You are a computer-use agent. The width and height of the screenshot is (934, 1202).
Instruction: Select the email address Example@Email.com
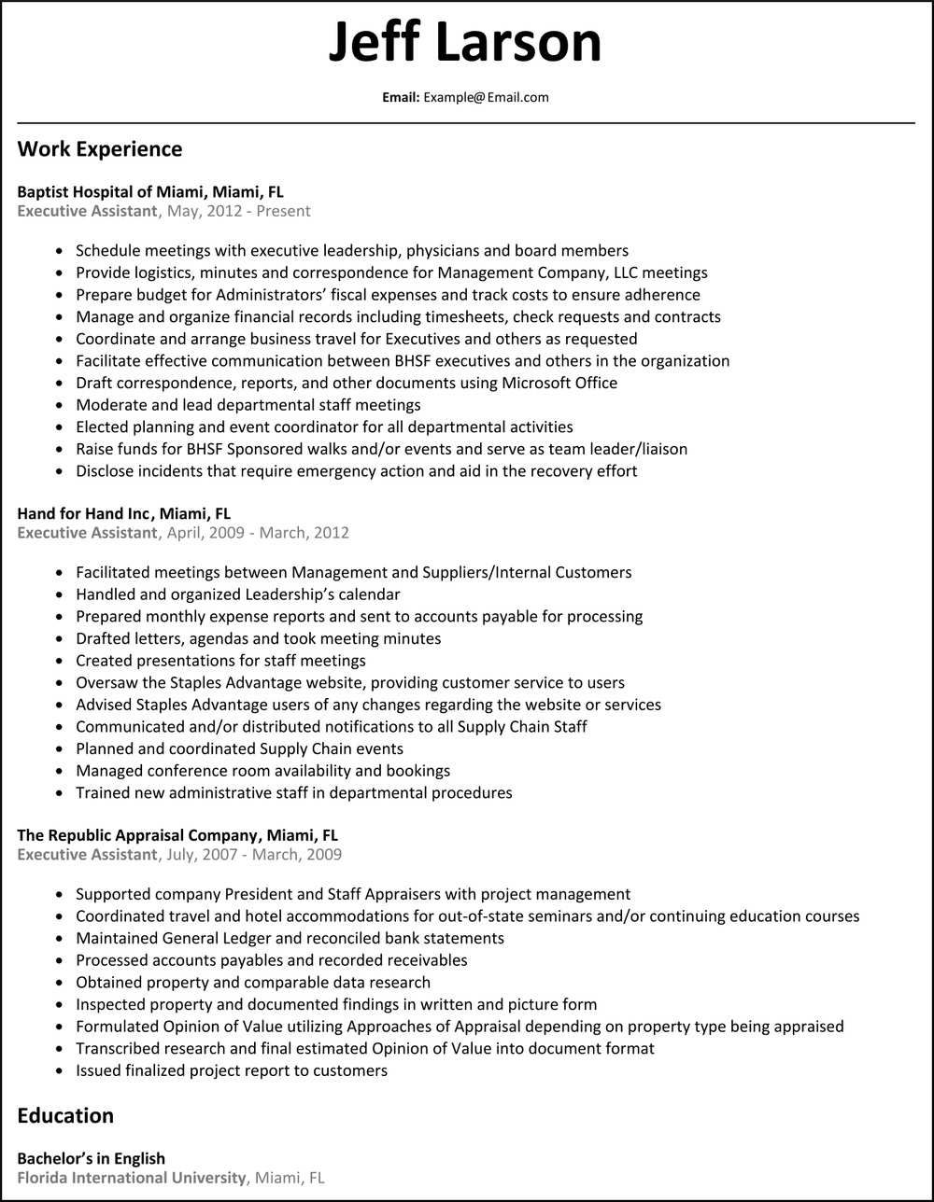(486, 97)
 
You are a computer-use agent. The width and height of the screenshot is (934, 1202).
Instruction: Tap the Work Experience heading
(100, 149)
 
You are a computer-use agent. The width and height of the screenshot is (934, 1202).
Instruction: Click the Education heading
(65, 1116)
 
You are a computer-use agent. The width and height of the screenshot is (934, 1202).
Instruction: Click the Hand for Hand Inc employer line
(123, 514)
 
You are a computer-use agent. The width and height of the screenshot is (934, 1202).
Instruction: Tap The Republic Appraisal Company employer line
(177, 835)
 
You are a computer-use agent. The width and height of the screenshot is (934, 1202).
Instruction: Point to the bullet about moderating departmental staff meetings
(248, 405)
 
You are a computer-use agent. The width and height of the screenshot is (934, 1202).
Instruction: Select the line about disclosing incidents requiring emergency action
(356, 471)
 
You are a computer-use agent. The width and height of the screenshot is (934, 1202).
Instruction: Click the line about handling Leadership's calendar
(237, 594)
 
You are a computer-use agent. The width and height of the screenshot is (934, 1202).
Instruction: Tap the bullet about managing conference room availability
(262, 771)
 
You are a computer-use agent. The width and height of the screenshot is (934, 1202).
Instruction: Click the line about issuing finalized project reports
(231, 1070)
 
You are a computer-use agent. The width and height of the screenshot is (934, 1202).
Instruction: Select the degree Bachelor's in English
(91, 1159)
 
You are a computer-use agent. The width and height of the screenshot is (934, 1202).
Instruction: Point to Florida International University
(132, 1178)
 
